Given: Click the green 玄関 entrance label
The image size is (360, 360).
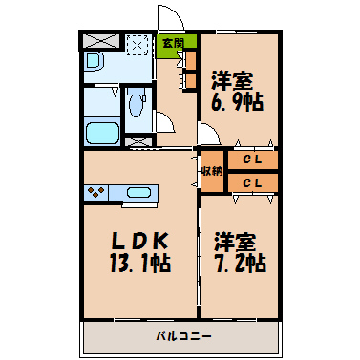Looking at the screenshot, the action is click(x=174, y=43).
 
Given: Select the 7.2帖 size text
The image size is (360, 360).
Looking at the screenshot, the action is click(x=241, y=263).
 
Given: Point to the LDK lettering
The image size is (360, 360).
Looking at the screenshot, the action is click(x=139, y=241).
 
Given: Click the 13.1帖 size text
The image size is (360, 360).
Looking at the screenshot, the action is click(x=140, y=263).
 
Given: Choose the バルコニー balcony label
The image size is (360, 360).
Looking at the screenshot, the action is click(x=183, y=336).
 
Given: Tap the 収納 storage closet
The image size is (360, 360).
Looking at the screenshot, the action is click(x=212, y=171).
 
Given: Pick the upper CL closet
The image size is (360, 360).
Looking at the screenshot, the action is click(x=253, y=159).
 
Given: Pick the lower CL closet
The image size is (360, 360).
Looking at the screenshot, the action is click(x=253, y=182).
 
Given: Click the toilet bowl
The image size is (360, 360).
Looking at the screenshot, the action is click(x=136, y=103).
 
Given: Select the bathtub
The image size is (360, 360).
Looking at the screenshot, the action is click(x=102, y=133).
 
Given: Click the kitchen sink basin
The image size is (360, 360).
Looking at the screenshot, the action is click(x=138, y=193).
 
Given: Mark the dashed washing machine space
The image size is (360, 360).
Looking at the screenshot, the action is click(x=138, y=45).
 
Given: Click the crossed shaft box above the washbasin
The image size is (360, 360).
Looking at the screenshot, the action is click(x=101, y=41).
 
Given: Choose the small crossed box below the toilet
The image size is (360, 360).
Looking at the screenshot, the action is click(x=138, y=142).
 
